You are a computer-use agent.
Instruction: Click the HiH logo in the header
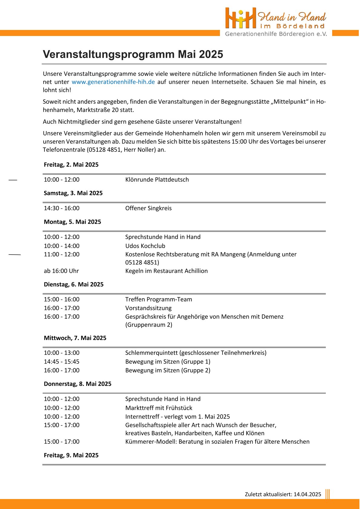[241, 18]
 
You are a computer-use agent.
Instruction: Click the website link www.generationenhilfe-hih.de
[113, 82]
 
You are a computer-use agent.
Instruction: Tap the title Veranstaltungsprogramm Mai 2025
[133, 54]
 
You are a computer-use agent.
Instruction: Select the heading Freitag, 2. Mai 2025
[71, 165]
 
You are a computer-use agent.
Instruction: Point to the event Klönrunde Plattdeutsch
[157, 180]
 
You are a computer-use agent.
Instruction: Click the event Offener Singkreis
[148, 208]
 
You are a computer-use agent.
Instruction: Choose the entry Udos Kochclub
[145, 246]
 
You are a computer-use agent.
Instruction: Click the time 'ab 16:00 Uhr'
[61, 271]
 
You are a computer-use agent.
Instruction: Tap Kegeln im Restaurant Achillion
[166, 271]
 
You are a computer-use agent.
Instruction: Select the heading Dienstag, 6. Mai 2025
[74, 285]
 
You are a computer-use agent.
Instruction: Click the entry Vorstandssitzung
[148, 308]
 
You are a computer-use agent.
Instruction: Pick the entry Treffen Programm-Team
[159, 299]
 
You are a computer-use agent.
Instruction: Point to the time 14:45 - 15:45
[62, 362]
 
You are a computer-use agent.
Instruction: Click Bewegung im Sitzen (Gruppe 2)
[168, 370]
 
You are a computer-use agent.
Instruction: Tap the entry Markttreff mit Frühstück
[159, 408]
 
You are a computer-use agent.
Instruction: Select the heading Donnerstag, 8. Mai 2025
[77, 384]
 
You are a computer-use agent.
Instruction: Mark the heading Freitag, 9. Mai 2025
[71, 455]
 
